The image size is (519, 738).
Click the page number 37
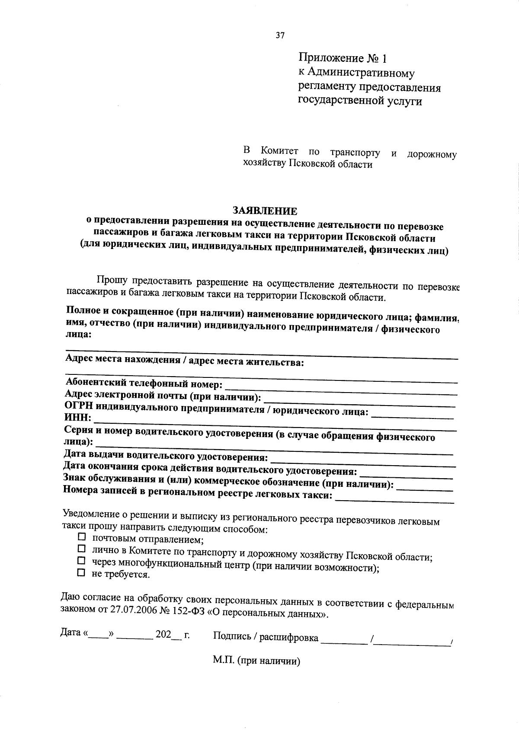[x=280, y=36]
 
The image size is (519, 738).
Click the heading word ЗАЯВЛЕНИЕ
[x=265, y=211]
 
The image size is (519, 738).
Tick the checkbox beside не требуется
[x=81, y=573]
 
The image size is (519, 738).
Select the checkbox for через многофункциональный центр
[x=81, y=561]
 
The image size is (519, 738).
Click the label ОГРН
[x=79, y=406]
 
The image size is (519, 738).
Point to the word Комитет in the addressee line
[x=279, y=151]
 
